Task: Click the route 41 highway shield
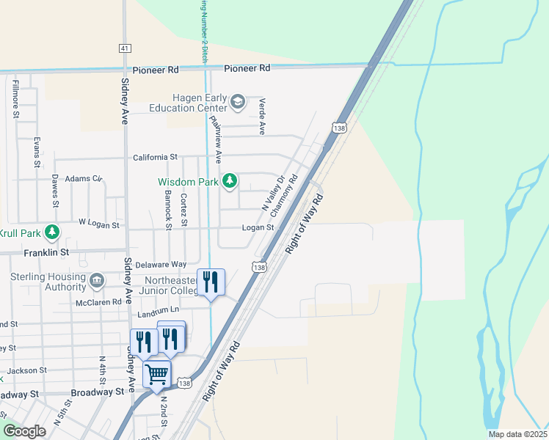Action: point(125,48)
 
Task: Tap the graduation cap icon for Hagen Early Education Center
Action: point(237,102)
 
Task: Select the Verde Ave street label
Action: point(262,117)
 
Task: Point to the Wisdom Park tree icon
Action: point(230,180)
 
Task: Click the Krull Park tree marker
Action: point(51,232)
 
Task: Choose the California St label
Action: point(156,157)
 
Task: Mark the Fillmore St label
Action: point(15,99)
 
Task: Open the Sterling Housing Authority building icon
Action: point(97,281)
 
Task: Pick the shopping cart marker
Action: point(157,375)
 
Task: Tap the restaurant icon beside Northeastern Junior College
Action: point(211,282)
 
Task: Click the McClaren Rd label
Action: point(98,302)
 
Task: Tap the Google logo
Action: point(24,431)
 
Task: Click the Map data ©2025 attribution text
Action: point(517,434)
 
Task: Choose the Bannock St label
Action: point(168,210)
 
